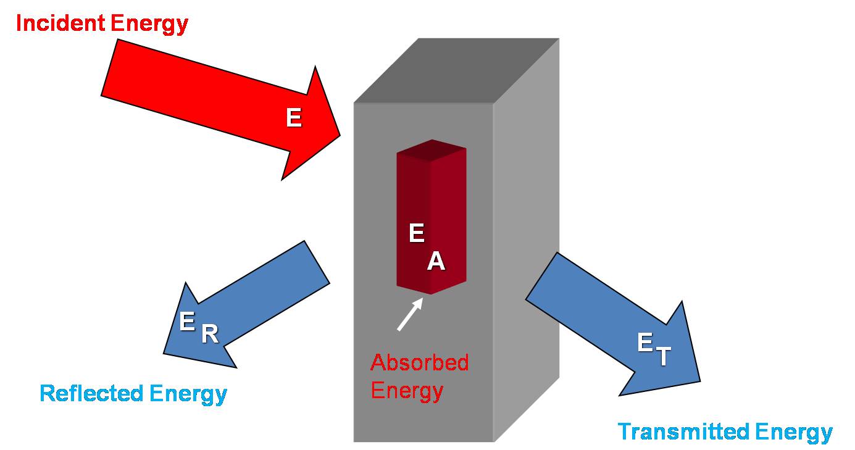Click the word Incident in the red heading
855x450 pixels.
(60, 23)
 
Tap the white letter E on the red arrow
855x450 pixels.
(294, 118)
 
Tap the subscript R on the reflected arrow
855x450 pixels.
(210, 335)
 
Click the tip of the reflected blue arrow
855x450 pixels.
(165, 352)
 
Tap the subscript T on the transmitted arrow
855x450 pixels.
(663, 357)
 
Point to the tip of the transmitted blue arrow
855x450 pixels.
(700, 380)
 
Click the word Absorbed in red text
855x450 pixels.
(419, 362)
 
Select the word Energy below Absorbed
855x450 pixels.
(407, 391)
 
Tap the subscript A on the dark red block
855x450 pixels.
(436, 262)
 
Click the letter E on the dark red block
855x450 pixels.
(417, 233)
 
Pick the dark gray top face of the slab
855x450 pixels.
(457, 71)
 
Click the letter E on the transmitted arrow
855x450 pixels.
(645, 343)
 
